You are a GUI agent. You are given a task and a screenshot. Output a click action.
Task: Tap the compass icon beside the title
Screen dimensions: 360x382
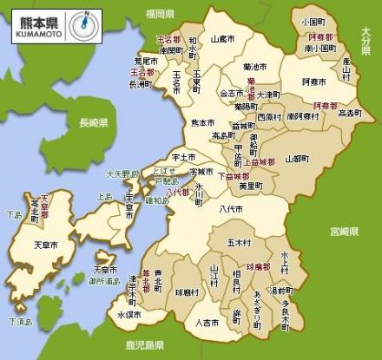tap(84, 24)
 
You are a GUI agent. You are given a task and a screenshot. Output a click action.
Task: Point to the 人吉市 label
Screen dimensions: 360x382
tap(206, 323)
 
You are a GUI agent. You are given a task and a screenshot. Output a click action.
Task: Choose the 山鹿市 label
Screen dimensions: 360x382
tap(222, 39)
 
